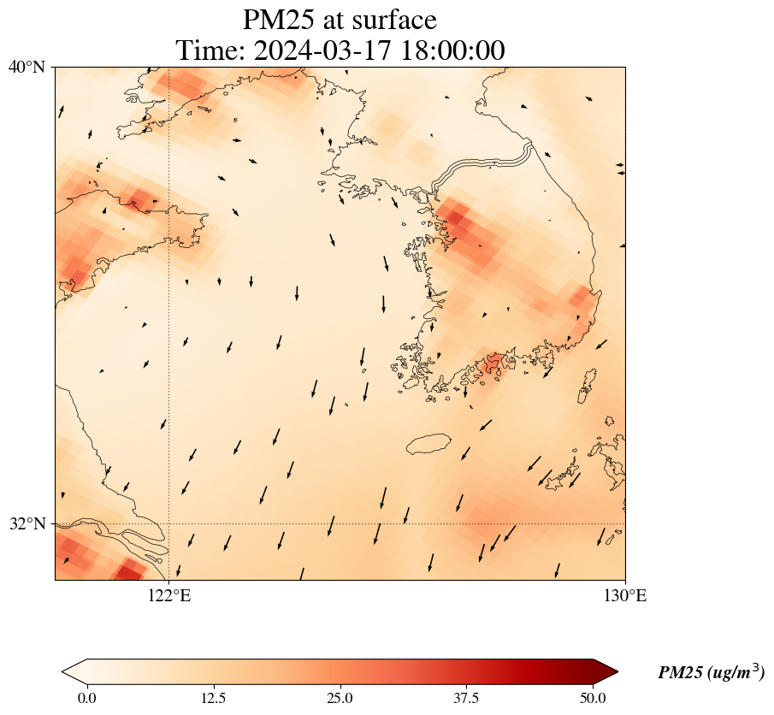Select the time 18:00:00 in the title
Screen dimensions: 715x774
pyautogui.click(x=450, y=50)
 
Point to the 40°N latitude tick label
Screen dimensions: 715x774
pyautogui.click(x=27, y=67)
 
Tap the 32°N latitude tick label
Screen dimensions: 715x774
pyautogui.click(x=27, y=523)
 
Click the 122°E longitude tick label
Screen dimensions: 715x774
pyautogui.click(x=169, y=596)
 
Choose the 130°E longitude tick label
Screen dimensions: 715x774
pyautogui.click(x=625, y=596)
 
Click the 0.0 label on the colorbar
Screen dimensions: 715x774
pyautogui.click(x=86, y=698)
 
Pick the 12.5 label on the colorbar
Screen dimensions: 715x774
pyautogui.click(x=213, y=698)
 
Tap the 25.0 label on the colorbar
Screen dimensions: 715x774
pyautogui.click(x=340, y=698)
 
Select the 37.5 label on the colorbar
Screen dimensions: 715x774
pyautogui.click(x=466, y=698)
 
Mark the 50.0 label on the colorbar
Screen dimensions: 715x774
pyautogui.click(x=593, y=698)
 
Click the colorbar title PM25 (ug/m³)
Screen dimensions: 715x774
pyautogui.click(x=711, y=673)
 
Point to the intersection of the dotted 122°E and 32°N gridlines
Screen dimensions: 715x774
pyautogui.click(x=169, y=523)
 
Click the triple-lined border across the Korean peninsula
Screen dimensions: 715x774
pyautogui.click(x=483, y=164)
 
